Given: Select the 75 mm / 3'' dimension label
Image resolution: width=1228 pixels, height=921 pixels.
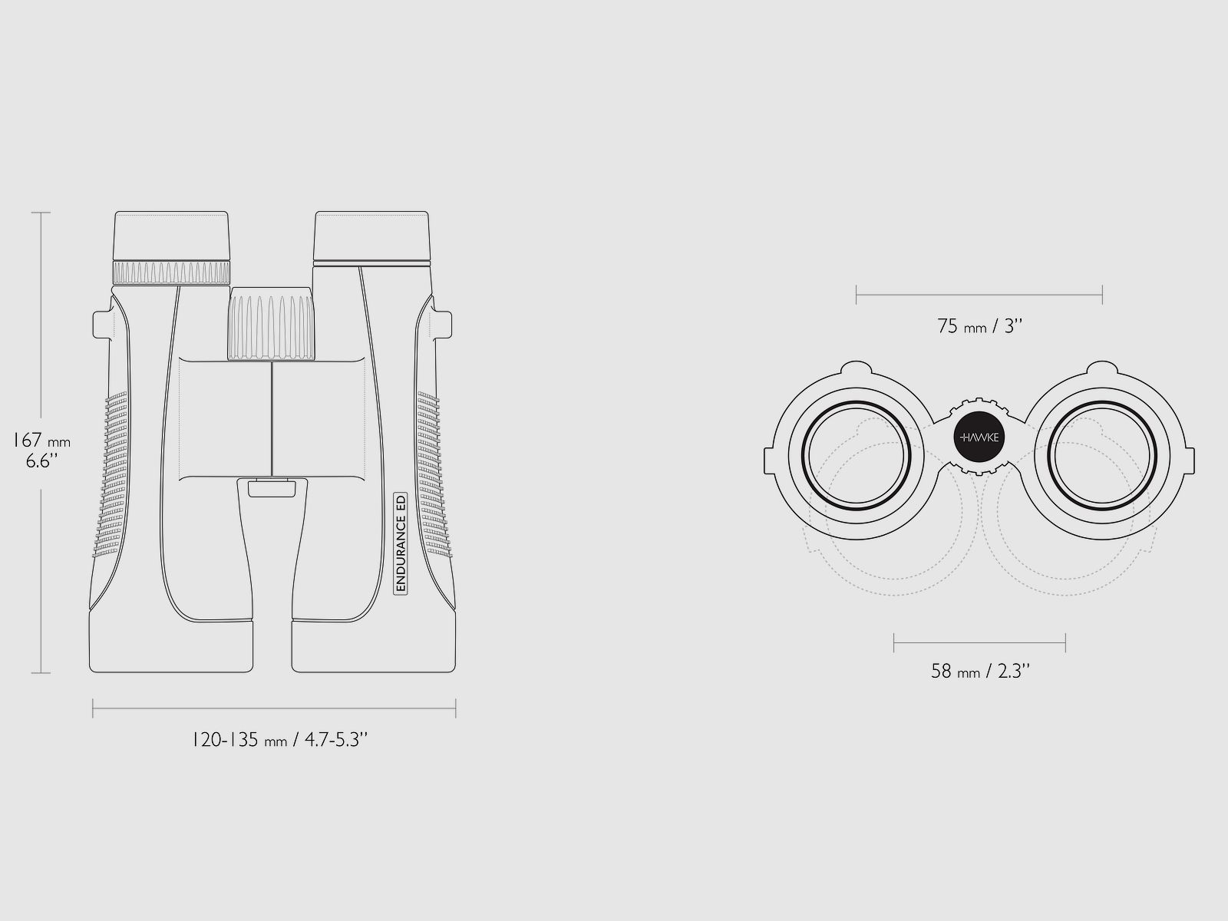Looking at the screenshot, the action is [979, 326].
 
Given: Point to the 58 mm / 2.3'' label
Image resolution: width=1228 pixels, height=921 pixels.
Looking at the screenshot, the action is [980, 671].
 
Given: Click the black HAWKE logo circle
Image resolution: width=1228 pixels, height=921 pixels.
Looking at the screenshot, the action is [979, 437].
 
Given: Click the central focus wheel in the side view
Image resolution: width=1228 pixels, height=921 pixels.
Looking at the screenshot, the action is [272, 324].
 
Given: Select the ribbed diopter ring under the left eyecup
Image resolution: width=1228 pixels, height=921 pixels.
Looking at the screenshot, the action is [171, 272].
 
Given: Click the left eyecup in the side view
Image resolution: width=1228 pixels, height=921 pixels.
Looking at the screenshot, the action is [171, 236].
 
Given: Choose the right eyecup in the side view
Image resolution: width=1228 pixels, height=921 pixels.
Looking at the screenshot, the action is [372, 236].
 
